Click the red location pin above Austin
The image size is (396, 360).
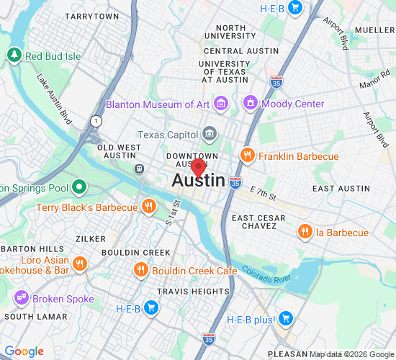[198, 168]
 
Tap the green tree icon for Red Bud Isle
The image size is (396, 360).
[14, 55]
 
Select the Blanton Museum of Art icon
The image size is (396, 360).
[221, 104]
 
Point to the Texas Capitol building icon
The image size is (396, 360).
[209, 134]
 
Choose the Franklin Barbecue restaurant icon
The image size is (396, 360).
[248, 156]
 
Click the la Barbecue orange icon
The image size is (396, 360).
[305, 233]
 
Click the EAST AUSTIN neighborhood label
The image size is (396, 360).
[341, 188]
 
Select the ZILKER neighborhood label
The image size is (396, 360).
[90, 238]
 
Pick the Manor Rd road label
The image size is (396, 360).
[370, 84]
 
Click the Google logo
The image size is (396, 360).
[24, 351]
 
